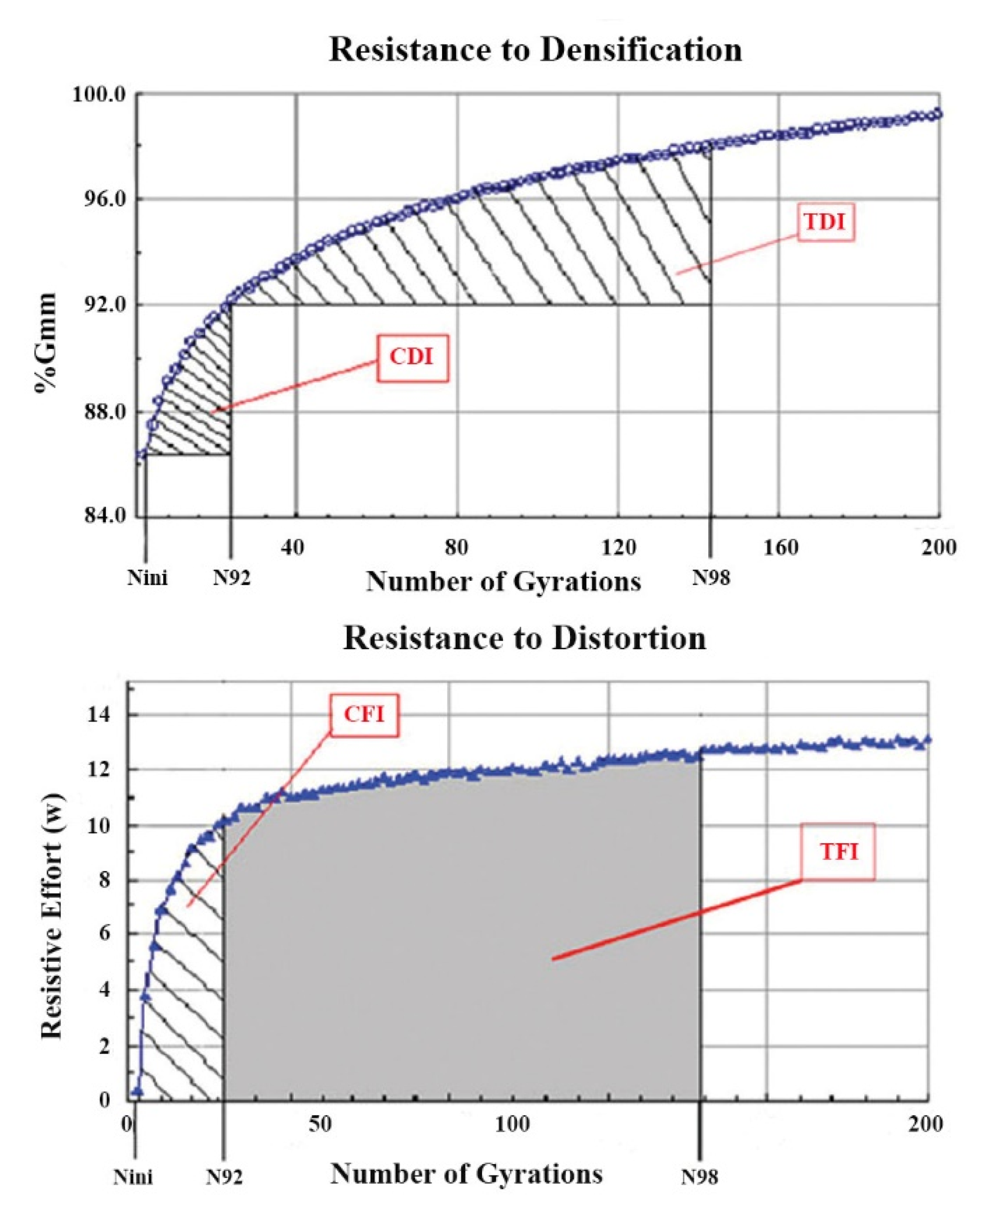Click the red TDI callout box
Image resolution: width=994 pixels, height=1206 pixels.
[825, 222]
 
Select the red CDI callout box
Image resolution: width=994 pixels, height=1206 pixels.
[412, 358]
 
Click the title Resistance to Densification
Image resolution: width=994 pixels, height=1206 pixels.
[535, 49]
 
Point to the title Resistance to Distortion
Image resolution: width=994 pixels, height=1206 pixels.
[524, 638]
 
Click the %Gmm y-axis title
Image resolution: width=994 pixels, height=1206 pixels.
[46, 342]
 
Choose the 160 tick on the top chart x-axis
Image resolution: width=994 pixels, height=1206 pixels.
[780, 548]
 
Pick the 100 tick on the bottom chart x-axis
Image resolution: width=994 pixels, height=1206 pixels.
[512, 1124]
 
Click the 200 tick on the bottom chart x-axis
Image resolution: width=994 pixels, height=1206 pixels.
[925, 1124]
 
